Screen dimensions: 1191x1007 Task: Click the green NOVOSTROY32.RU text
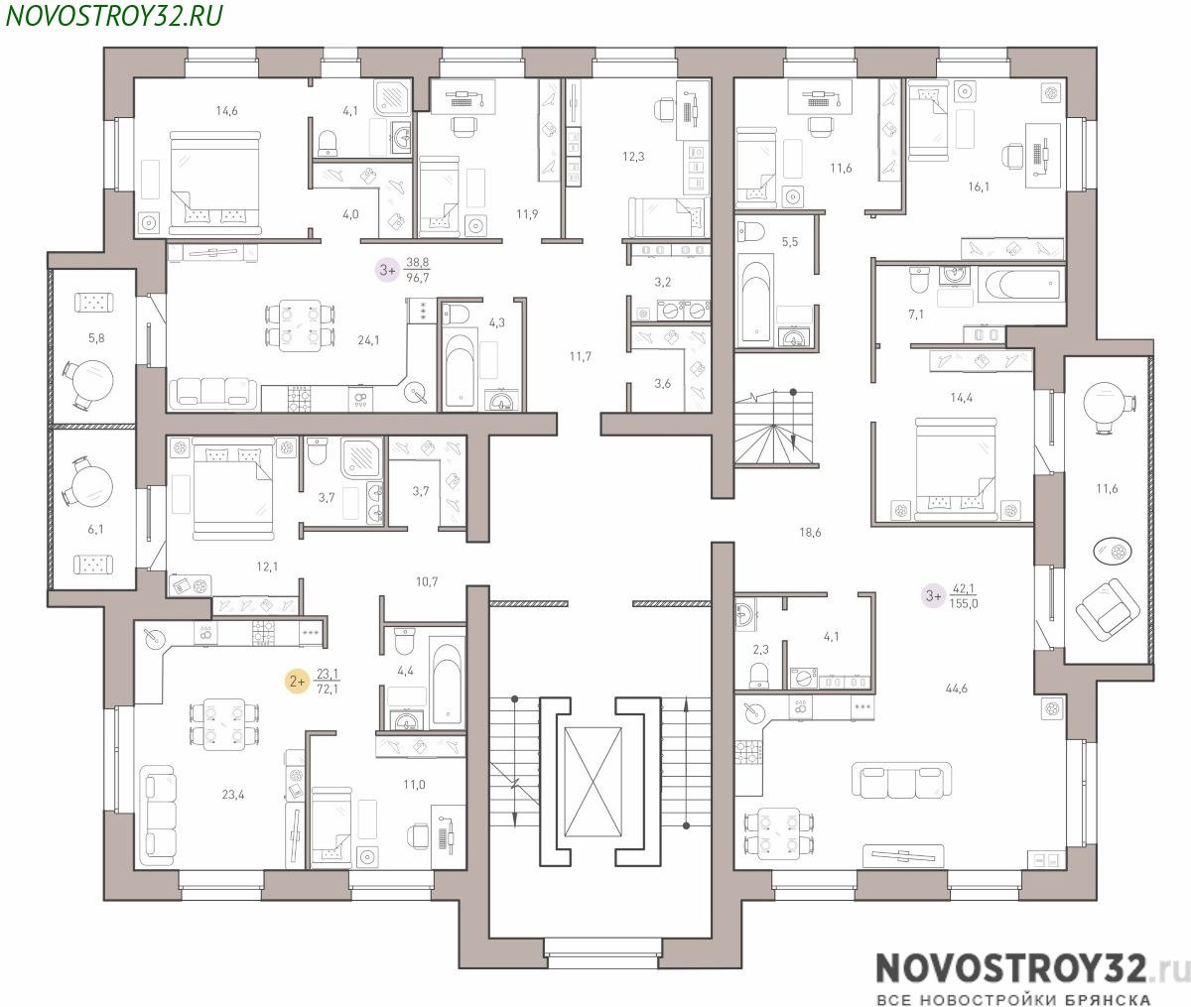tap(113, 16)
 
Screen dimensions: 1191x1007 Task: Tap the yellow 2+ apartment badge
tap(297, 682)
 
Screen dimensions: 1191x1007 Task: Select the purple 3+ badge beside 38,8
tap(388, 270)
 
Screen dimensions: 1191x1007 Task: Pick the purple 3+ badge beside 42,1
tap(933, 595)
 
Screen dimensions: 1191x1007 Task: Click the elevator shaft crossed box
tap(593, 782)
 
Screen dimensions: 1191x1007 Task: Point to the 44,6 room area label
tap(956, 688)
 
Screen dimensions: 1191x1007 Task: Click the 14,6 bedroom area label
tap(226, 110)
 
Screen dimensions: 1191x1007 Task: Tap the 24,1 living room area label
tap(368, 340)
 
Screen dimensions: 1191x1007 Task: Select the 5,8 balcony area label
tap(96, 337)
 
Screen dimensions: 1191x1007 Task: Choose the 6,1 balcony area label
tap(95, 529)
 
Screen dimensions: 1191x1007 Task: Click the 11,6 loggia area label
tap(1107, 488)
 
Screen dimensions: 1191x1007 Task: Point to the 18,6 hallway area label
tap(810, 533)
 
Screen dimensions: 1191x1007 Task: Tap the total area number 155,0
tap(964, 604)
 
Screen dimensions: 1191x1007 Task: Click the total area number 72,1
tap(328, 689)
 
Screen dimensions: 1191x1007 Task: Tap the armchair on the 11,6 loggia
tap(1107, 608)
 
